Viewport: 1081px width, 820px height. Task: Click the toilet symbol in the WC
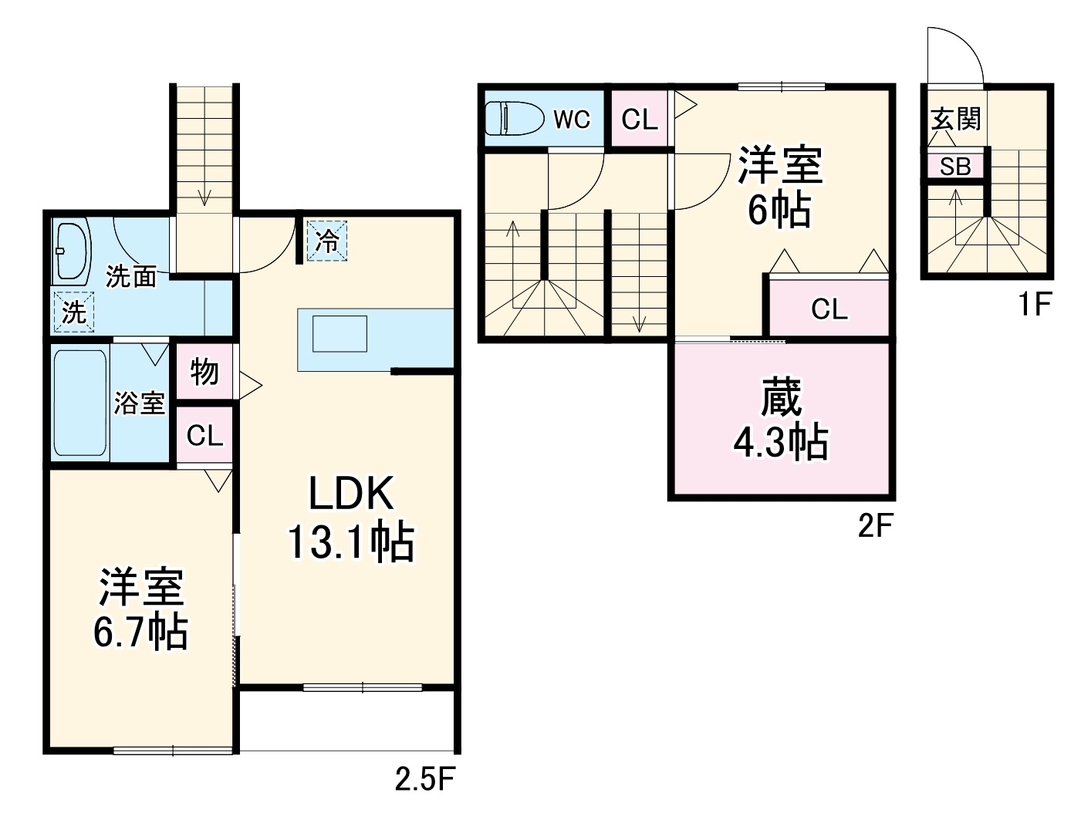[x=512, y=119]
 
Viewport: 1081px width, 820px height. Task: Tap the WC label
[x=572, y=120]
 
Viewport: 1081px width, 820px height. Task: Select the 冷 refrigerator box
[x=327, y=241]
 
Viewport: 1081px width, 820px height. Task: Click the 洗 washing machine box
[x=73, y=312]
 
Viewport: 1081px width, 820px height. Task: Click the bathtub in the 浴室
[x=80, y=403]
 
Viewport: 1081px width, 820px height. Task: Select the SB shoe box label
[x=955, y=167]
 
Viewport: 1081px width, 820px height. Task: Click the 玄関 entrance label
[x=956, y=120]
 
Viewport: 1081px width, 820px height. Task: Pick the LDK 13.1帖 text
[x=351, y=517]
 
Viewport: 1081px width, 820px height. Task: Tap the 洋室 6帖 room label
[x=780, y=186]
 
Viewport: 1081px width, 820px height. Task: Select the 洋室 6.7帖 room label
[x=140, y=609]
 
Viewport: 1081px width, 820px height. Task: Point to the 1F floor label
[x=1034, y=305]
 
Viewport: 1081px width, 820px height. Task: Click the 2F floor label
[x=875, y=527]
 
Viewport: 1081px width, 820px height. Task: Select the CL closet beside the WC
[x=640, y=120]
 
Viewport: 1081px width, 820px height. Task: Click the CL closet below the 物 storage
[x=204, y=436]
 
